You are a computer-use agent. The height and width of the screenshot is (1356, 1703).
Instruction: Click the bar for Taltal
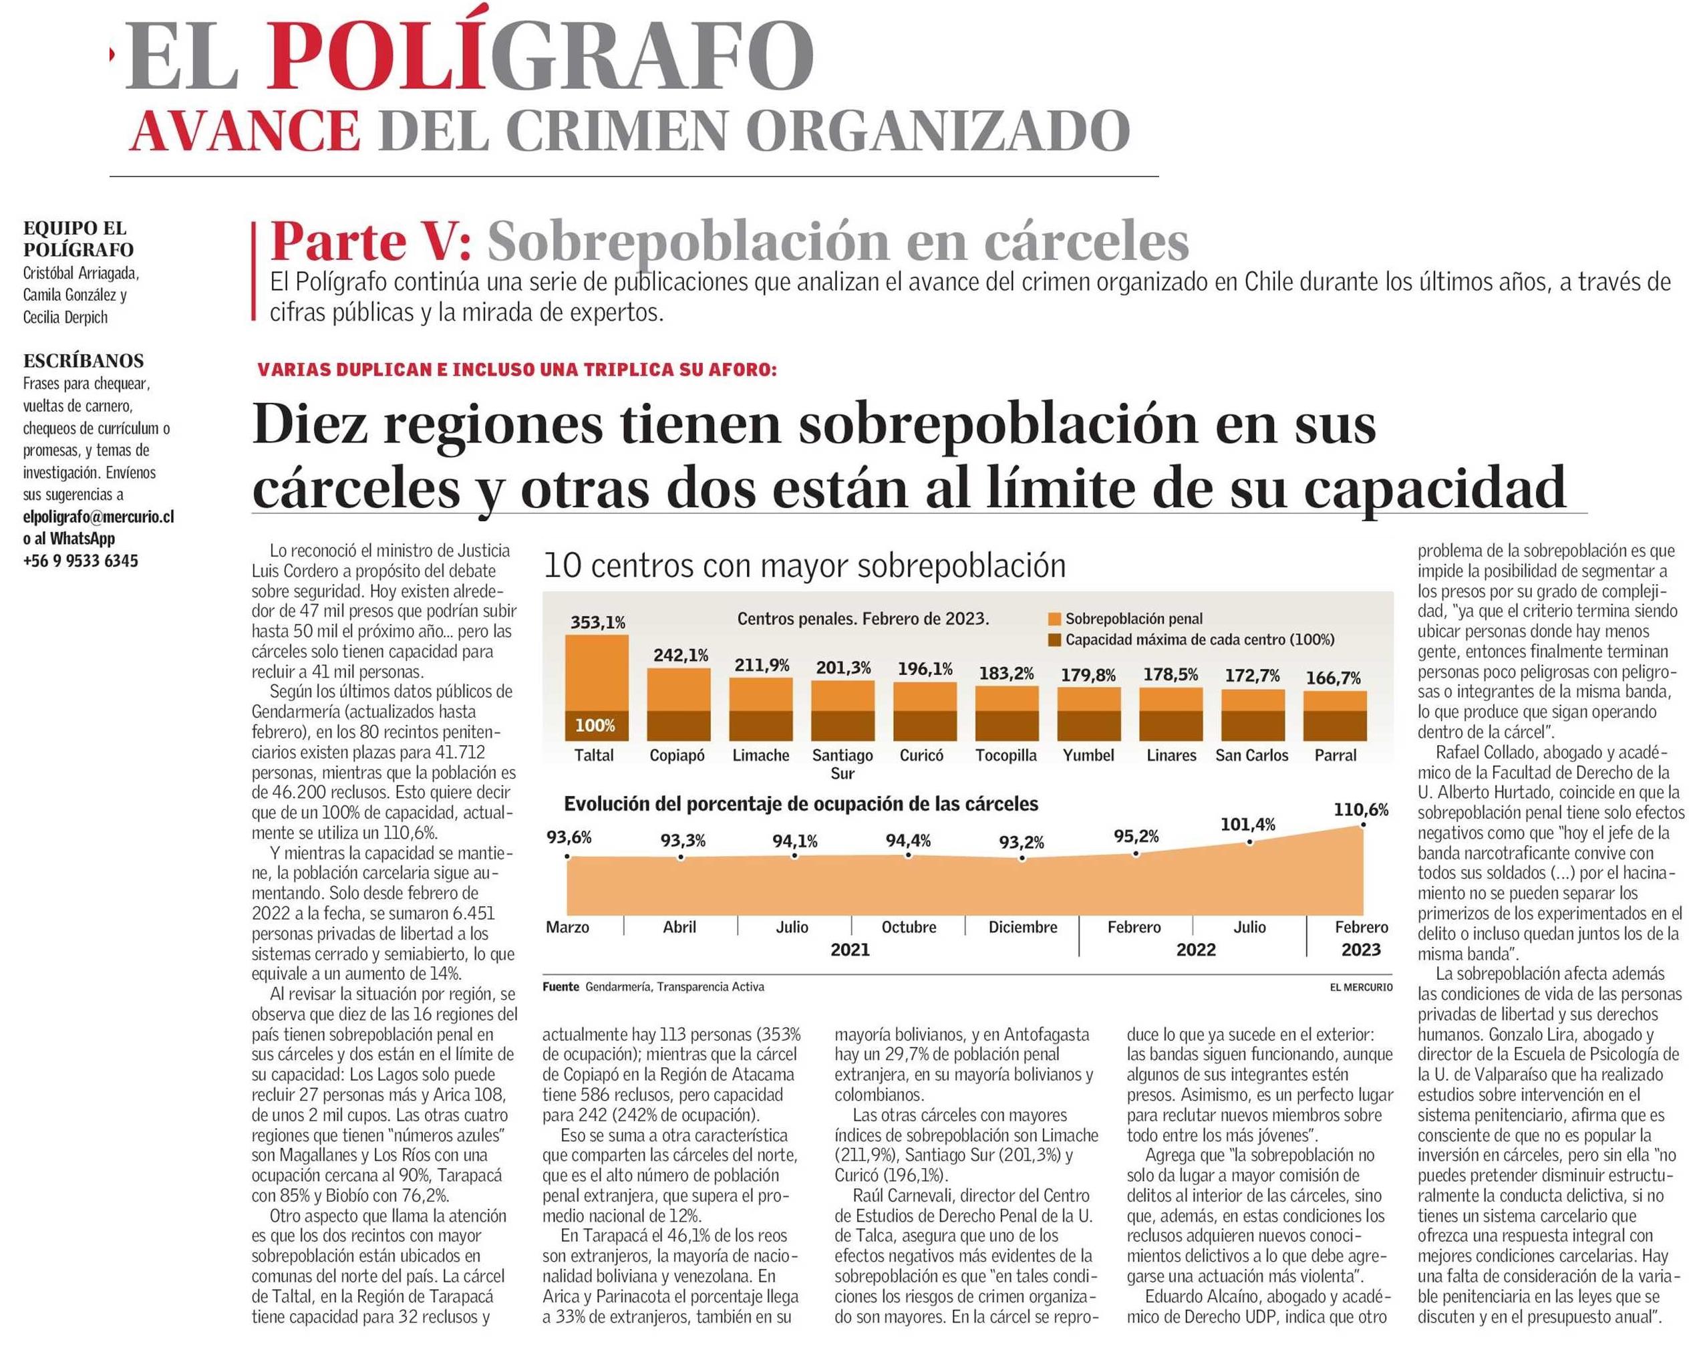(597, 688)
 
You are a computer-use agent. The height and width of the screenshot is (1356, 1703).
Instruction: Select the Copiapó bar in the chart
(679, 705)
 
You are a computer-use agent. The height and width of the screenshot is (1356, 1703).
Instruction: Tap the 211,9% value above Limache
(762, 666)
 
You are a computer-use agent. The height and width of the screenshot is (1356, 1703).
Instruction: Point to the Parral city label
(1335, 755)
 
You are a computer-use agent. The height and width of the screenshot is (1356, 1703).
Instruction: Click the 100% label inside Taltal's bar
(595, 725)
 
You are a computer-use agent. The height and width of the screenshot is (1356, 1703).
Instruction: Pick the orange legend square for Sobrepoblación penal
(1054, 619)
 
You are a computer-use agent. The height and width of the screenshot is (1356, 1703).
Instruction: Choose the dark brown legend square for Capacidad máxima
(1054, 640)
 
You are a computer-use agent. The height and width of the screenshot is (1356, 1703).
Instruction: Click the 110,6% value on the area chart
(1361, 809)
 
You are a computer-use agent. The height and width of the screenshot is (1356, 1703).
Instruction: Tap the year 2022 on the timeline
(1196, 949)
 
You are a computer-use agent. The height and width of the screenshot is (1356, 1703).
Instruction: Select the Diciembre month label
(1023, 927)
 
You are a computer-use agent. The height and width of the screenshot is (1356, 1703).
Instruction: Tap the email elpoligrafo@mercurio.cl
(99, 517)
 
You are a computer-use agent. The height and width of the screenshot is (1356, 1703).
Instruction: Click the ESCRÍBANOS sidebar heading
(84, 361)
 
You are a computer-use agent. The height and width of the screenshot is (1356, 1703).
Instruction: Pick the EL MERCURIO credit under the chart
(1361, 987)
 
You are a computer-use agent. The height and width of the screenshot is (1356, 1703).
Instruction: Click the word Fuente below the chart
(561, 987)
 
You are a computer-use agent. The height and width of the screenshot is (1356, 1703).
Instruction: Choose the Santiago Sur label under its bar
(842, 764)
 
